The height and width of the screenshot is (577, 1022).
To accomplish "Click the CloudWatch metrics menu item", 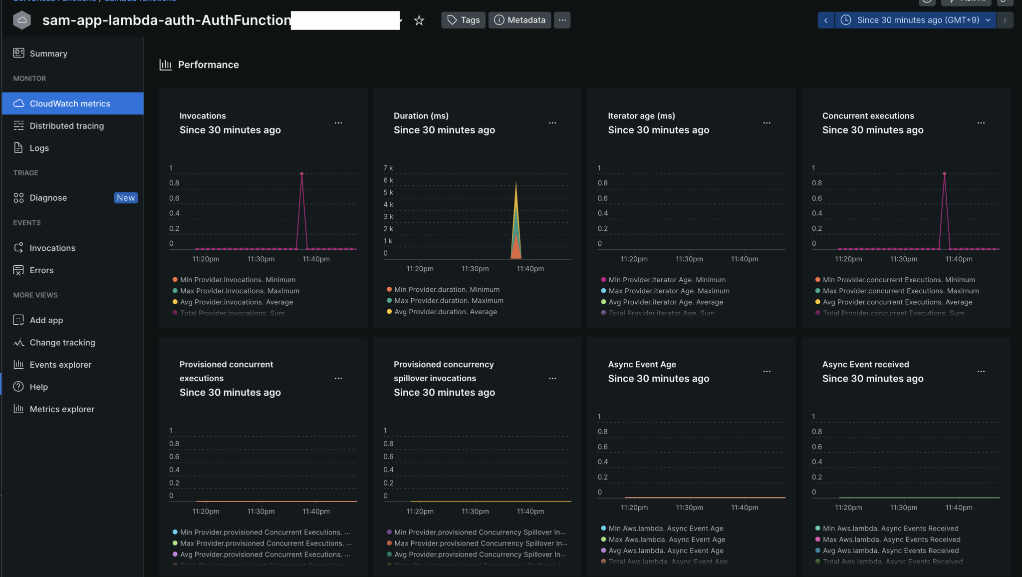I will (69, 103).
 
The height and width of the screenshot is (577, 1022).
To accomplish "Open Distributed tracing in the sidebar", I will (66, 126).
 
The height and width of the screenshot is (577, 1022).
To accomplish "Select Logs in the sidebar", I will (39, 148).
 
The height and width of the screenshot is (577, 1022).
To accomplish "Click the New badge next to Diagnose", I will (126, 198).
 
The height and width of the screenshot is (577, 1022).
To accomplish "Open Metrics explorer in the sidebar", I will (62, 409).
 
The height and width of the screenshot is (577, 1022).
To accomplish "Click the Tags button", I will (463, 20).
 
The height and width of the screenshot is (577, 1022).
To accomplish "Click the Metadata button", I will (519, 20).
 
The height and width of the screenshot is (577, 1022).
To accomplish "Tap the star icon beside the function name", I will (419, 20).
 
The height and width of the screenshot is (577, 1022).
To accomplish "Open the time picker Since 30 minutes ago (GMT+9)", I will (918, 20).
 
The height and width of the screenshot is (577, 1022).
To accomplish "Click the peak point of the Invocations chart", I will (302, 173).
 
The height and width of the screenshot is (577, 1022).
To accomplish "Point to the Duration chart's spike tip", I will (516, 182).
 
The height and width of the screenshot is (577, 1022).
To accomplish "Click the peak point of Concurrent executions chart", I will (944, 173).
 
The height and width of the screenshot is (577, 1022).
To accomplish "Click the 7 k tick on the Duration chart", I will (388, 168).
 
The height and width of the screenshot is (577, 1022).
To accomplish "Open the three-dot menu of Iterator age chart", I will (766, 123).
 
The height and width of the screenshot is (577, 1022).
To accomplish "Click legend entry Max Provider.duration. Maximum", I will (449, 301).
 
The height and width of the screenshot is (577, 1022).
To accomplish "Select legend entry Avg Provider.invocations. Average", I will (236, 302).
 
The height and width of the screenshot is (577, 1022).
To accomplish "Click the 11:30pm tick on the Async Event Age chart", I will (689, 508).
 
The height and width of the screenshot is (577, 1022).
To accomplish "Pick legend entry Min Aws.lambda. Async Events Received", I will (890, 529).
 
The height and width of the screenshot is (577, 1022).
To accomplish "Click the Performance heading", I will (208, 64).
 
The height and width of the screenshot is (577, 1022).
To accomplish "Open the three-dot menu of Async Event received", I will (981, 372).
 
